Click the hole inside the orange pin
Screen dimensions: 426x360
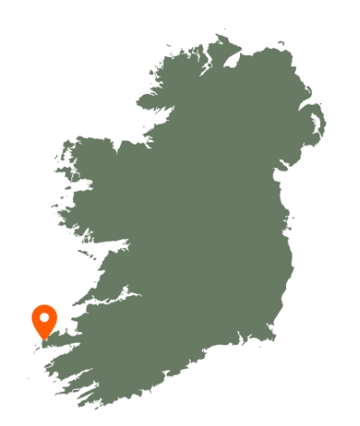(44, 318)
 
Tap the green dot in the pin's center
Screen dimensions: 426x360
(44, 318)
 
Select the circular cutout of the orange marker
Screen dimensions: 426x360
(44, 318)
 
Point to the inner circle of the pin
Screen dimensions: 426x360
(44, 318)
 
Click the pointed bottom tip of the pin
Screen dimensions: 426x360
(44, 339)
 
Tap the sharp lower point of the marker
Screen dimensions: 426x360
(44, 339)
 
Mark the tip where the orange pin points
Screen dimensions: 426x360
(44, 339)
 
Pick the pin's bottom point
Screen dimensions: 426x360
(44, 339)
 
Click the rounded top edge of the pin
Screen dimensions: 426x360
(44, 307)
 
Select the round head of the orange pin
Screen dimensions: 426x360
(44, 311)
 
